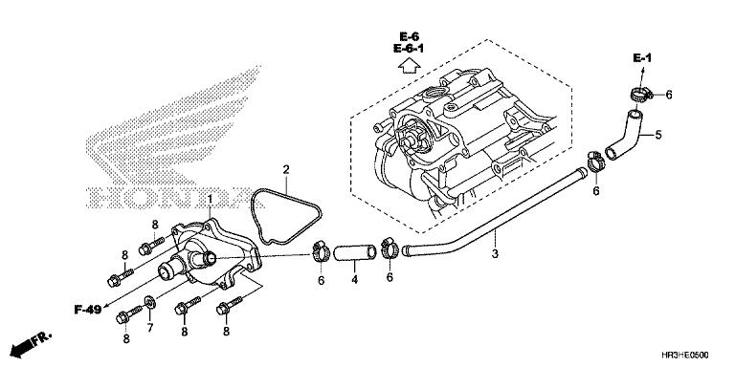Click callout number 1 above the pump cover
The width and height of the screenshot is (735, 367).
[x=211, y=198]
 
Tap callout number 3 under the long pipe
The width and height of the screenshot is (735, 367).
[x=495, y=254]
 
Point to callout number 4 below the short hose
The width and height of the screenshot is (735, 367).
[x=353, y=281]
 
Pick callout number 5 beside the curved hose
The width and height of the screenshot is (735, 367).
[x=657, y=134]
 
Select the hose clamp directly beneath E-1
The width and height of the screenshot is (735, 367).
[x=640, y=94]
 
